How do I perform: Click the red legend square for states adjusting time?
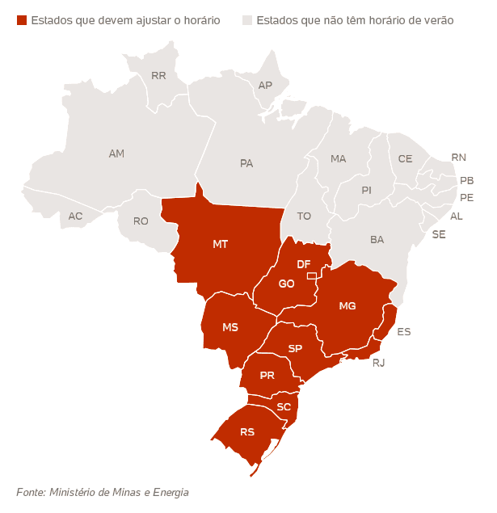pos(22,19)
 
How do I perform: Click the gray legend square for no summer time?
pos(247,19)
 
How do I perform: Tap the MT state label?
pos(220,243)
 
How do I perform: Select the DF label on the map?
pos(304,264)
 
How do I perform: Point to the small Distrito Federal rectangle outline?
pos(312,276)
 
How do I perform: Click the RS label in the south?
pos(247,432)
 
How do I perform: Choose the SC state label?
pos(284,406)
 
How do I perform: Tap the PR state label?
pos(267,376)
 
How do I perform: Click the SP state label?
pos(295,348)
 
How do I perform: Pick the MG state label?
pos(347,305)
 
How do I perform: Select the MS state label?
pos(230,327)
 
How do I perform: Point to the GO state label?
pos(286,284)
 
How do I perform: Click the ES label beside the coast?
pos(404,331)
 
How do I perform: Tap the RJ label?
pos(378,363)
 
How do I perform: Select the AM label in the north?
pos(116,153)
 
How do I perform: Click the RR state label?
pos(158,77)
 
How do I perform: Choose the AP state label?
pos(265,85)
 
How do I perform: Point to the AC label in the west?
pos(75,216)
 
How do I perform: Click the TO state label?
pos(304,216)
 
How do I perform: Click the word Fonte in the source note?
pos(30,491)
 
